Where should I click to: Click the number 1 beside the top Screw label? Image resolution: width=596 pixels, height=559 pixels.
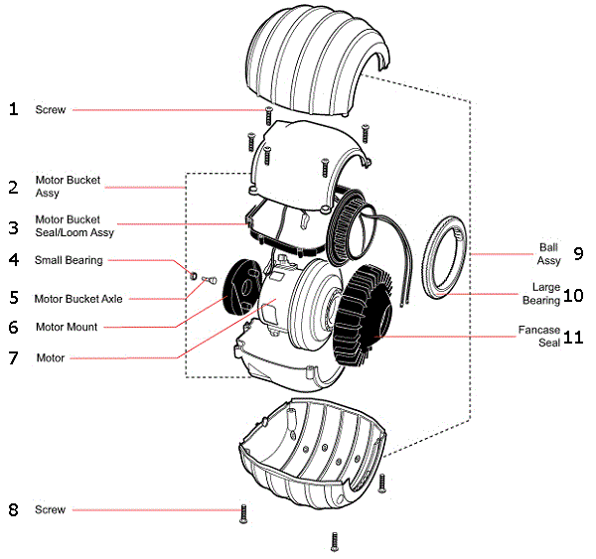tap(13, 109)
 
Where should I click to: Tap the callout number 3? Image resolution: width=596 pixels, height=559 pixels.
tap(13, 226)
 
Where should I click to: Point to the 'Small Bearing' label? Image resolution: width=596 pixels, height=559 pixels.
tap(69, 260)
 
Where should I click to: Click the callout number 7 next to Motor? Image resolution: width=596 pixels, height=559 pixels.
tap(13, 357)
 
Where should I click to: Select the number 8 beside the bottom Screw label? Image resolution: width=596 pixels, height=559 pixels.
tap(13, 510)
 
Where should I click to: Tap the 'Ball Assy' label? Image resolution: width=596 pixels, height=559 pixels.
tap(549, 254)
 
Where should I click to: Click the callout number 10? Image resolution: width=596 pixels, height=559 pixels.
tap(573, 295)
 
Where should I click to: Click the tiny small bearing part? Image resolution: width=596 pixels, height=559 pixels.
tap(196, 274)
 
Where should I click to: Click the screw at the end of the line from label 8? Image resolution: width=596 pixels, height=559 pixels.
tap(241, 513)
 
